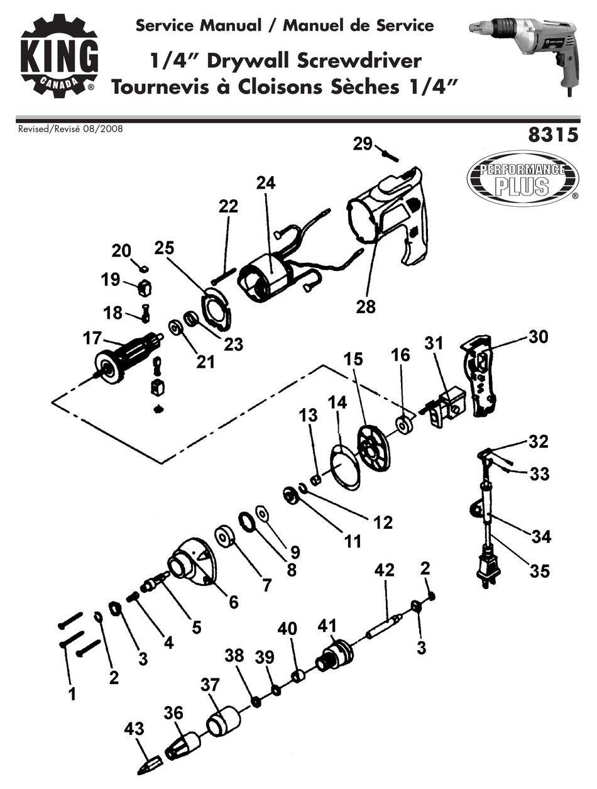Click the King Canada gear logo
pyautogui.click(x=59, y=57)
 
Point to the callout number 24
pyautogui.click(x=266, y=183)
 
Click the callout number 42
pyautogui.click(x=384, y=570)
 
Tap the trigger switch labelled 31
pyautogui.click(x=447, y=406)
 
